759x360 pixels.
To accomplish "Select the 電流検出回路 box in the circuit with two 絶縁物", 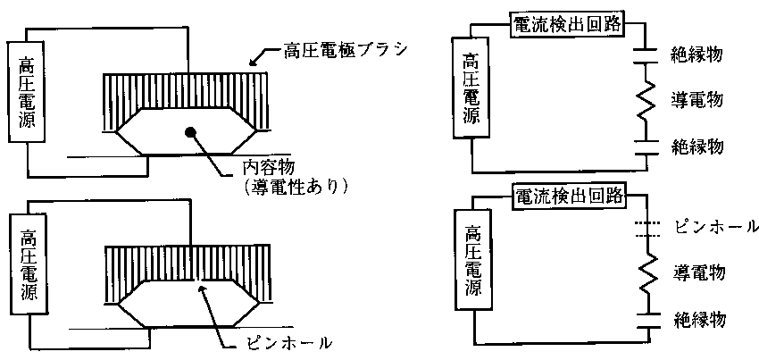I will coord(567,25).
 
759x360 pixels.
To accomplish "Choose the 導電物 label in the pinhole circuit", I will coord(702,271).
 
